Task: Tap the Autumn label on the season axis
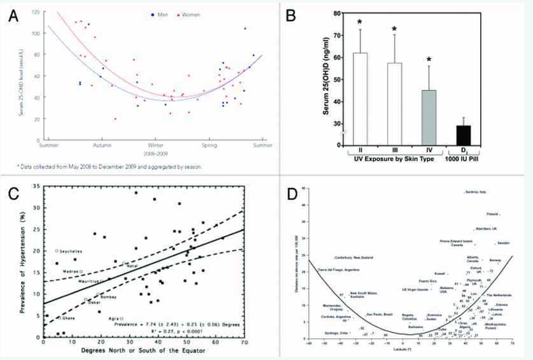coord(103,145)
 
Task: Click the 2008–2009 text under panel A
coord(157,153)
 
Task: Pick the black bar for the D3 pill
coord(465,135)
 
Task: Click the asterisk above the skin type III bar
coord(395,29)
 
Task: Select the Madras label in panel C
coord(70,271)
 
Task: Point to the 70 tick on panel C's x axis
coord(244,343)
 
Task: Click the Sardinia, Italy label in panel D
coord(476,192)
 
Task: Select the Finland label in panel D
coord(493,214)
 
